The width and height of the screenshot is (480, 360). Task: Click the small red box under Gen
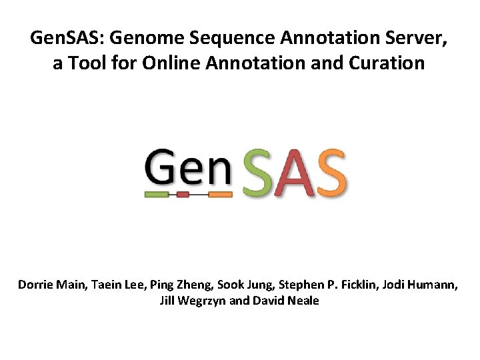coord(183,195)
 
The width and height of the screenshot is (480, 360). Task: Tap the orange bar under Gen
coord(219,195)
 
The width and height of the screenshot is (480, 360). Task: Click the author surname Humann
coord(433,285)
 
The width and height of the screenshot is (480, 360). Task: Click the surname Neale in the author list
coord(303,301)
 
